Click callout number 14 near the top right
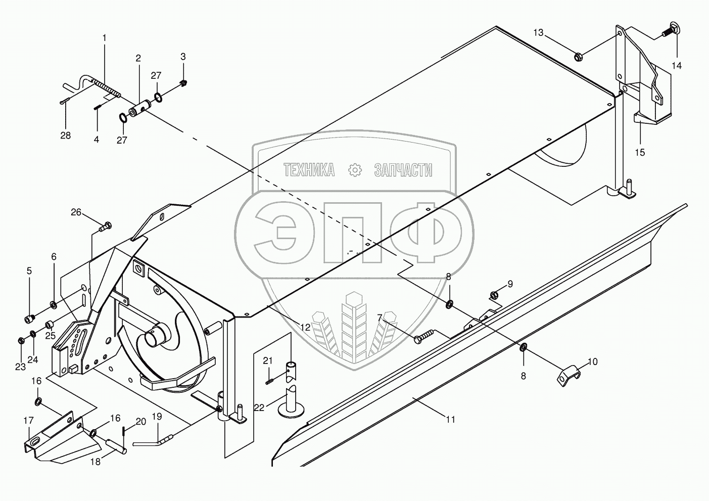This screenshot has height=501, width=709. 676,66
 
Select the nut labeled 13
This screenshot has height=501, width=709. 579,55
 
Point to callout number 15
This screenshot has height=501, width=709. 640,152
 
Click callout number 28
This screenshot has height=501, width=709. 65,135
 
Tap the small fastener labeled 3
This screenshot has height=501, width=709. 184,82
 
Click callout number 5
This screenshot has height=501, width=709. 29,271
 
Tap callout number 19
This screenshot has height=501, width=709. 157,417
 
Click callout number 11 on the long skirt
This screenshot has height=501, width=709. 450,419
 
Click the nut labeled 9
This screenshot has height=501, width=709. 495,295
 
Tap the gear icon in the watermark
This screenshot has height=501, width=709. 355,170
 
